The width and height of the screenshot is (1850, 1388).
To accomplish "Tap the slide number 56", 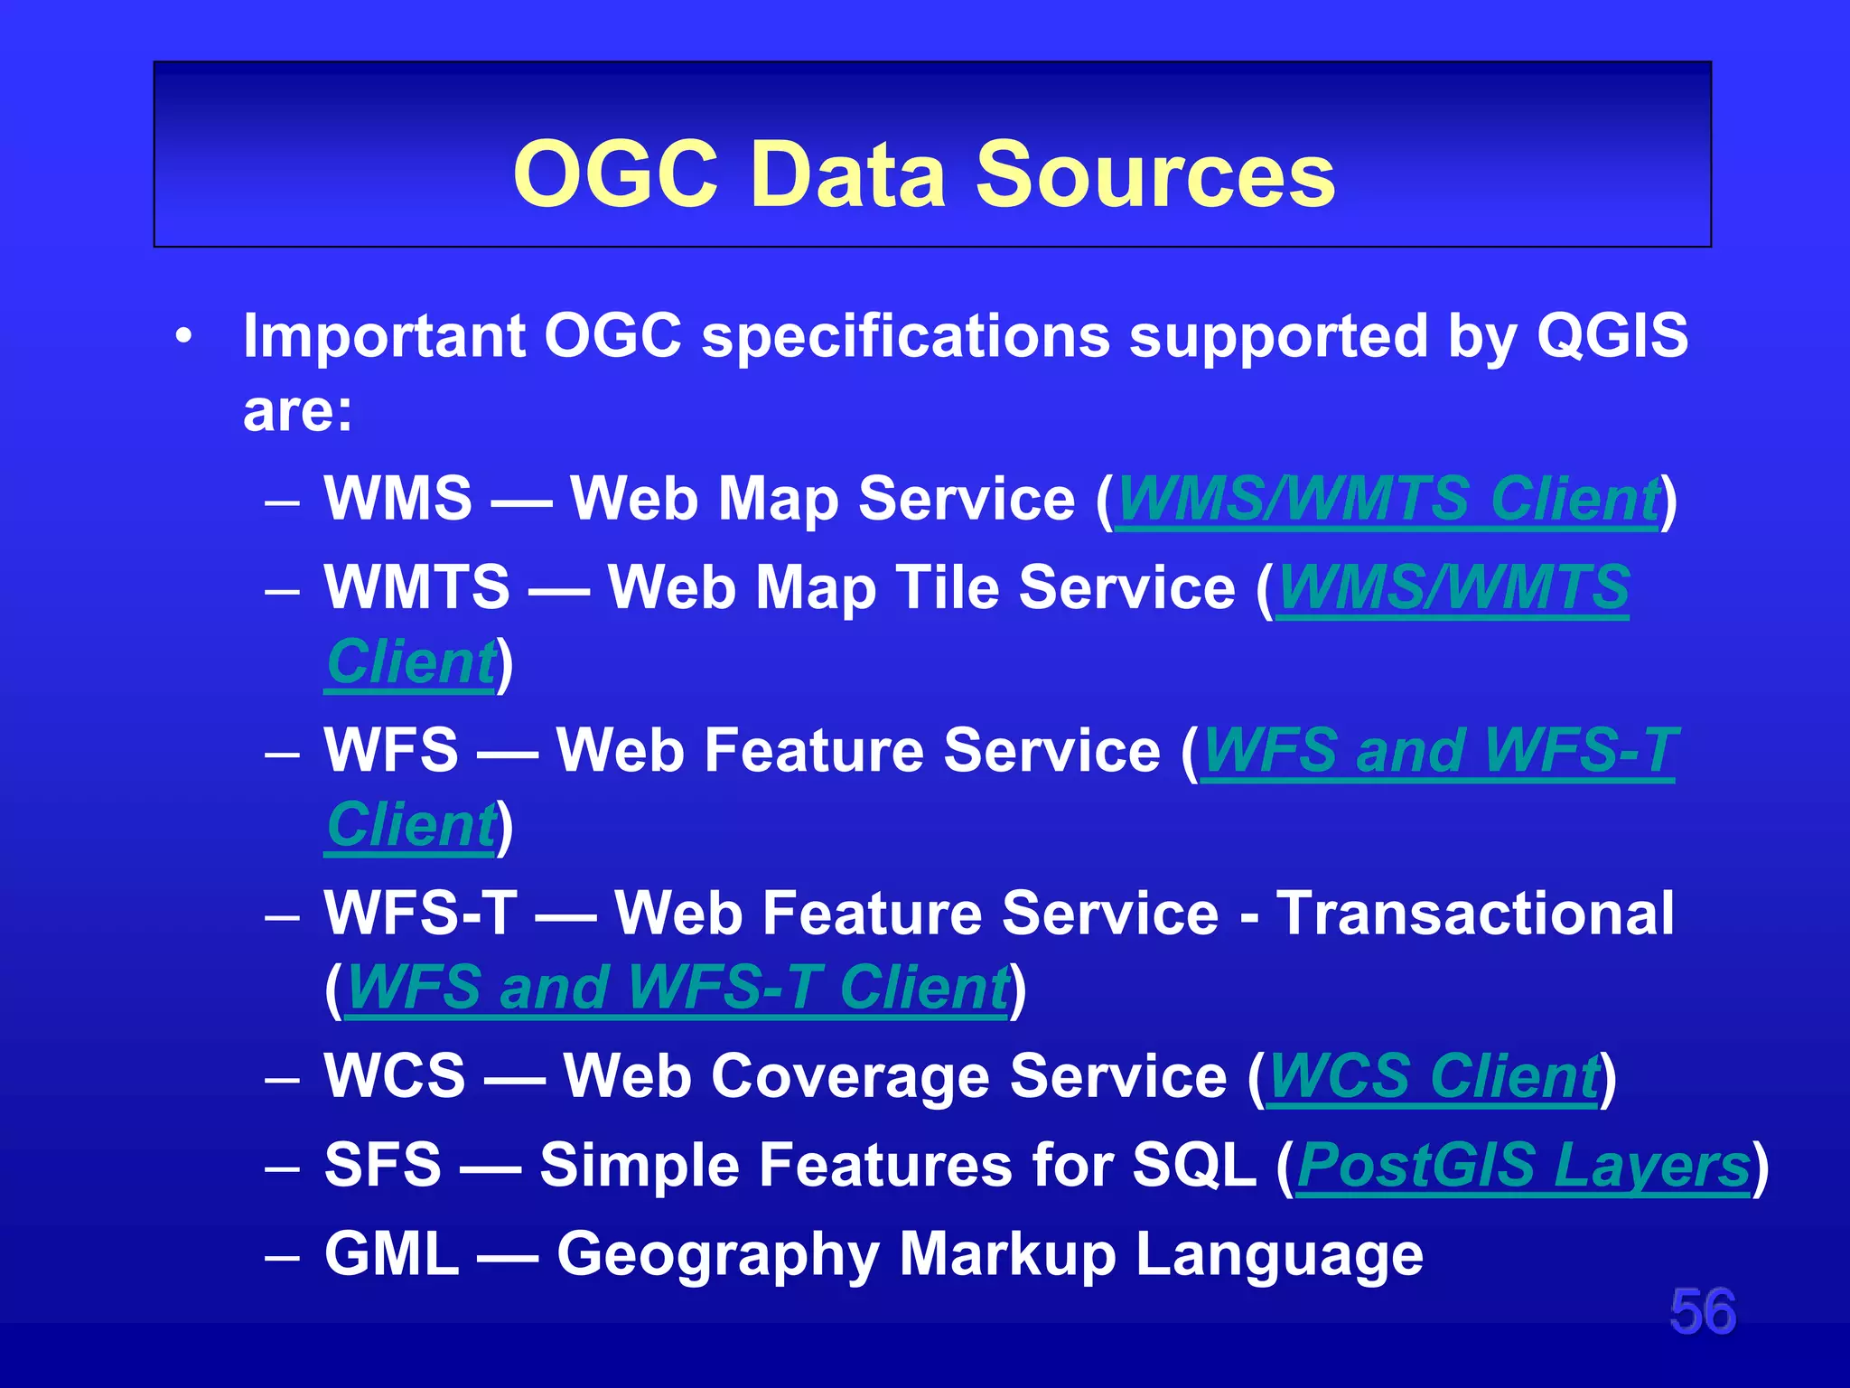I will tap(1702, 1311).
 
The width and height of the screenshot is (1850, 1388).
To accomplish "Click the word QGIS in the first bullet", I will tap(1612, 335).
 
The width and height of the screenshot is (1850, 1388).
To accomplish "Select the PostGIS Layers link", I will tap(1523, 1165).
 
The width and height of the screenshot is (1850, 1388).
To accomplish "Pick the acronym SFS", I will tap(383, 1165).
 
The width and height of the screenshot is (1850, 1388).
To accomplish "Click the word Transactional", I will tap(1476, 913).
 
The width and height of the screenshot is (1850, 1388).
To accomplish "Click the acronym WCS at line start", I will tap(395, 1076).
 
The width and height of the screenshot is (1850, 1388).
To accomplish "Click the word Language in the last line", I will tap(1278, 1255).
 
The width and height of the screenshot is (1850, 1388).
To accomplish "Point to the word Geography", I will tap(717, 1255).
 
